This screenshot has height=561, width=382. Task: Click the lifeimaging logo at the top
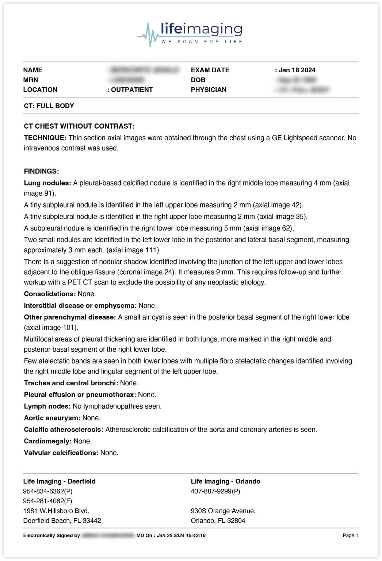[190, 34]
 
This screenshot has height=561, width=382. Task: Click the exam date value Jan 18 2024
[297, 70]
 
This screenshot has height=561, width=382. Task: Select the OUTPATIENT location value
[131, 90]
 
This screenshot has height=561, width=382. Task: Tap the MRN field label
[31, 80]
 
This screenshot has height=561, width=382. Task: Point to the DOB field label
[198, 80]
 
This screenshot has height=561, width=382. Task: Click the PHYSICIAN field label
[209, 90]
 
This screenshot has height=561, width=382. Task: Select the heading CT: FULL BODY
[49, 106]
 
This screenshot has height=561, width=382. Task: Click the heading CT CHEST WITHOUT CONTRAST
[79, 126]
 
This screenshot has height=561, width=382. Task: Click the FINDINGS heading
[41, 172]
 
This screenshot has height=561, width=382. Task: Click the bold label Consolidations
[50, 294]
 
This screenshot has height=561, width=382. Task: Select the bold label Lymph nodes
[47, 407]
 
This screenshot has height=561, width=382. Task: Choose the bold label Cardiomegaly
[48, 441]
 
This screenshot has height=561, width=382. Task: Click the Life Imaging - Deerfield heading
[59, 481]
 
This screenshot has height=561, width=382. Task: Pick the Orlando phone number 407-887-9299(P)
[215, 491]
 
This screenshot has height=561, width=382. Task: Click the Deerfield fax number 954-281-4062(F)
[47, 501]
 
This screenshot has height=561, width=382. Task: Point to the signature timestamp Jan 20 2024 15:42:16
[181, 535]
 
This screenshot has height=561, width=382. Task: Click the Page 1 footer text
[350, 535]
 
